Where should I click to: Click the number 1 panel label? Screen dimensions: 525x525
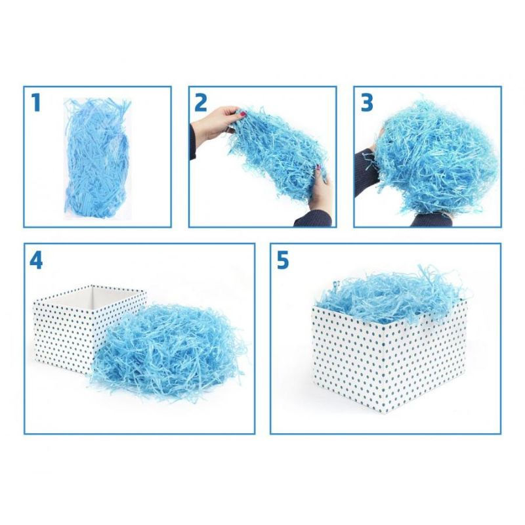pos(35,102)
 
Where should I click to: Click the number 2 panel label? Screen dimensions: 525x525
pos(201,102)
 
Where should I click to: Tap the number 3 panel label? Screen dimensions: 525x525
pos(367,102)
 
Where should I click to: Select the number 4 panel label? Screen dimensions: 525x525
pos(36,260)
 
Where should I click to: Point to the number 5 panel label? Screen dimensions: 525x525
pos(283,260)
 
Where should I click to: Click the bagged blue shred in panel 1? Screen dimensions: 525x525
pos(97,158)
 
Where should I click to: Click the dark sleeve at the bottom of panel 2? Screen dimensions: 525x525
pos(312,219)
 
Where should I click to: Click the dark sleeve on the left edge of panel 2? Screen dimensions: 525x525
pos(192,142)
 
